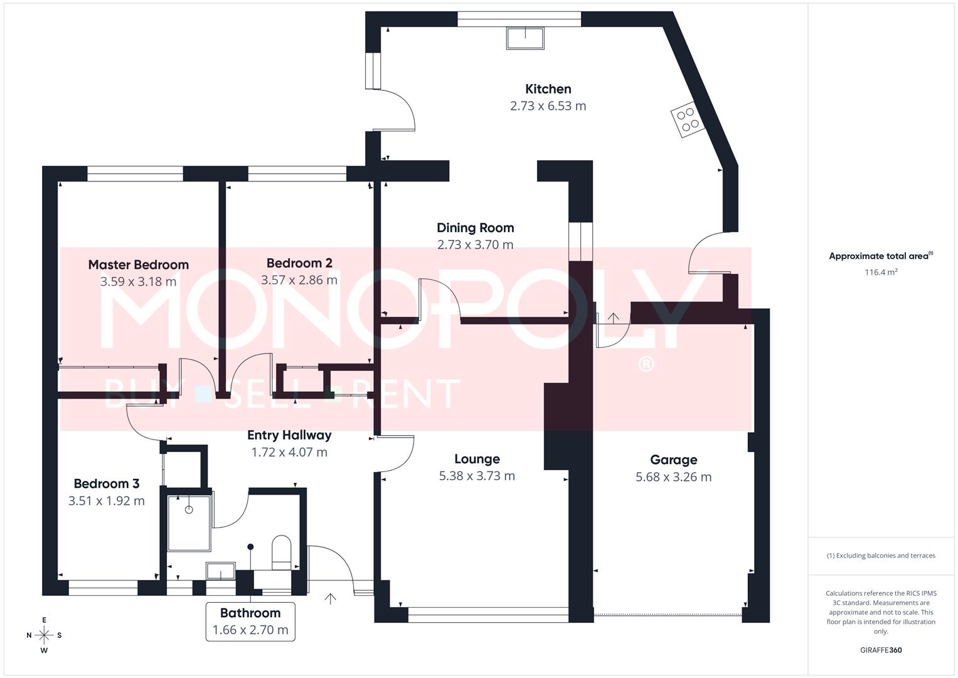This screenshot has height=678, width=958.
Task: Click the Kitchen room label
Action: pos(548,89)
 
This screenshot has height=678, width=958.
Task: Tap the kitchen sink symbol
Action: pos(524,38)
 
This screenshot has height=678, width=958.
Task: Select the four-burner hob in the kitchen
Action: pos(688,119)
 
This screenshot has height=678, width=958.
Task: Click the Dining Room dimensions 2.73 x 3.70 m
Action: pos(475,245)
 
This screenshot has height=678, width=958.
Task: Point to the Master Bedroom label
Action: pos(138,265)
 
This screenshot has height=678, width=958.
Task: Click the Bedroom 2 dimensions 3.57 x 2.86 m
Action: pos(299,280)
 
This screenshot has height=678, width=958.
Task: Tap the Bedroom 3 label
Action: pos(106,483)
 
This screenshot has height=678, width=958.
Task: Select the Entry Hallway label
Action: pos(289,435)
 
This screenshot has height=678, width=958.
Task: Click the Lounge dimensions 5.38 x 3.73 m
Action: pos(477,476)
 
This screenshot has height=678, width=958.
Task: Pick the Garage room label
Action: pos(673,460)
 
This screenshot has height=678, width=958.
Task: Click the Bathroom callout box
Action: pos(250,621)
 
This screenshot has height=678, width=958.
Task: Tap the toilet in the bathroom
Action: pos(281,552)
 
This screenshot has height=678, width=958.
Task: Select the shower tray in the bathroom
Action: pos(189,521)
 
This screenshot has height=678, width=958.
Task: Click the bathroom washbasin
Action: pos(220,571)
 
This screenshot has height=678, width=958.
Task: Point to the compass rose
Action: pos(44,635)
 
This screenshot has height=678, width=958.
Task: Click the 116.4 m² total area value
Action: pos(881,272)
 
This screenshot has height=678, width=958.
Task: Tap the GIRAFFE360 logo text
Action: pos(881,650)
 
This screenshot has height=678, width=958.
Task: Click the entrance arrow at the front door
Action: pos(330,598)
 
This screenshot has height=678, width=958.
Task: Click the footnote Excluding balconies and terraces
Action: pos(881,556)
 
